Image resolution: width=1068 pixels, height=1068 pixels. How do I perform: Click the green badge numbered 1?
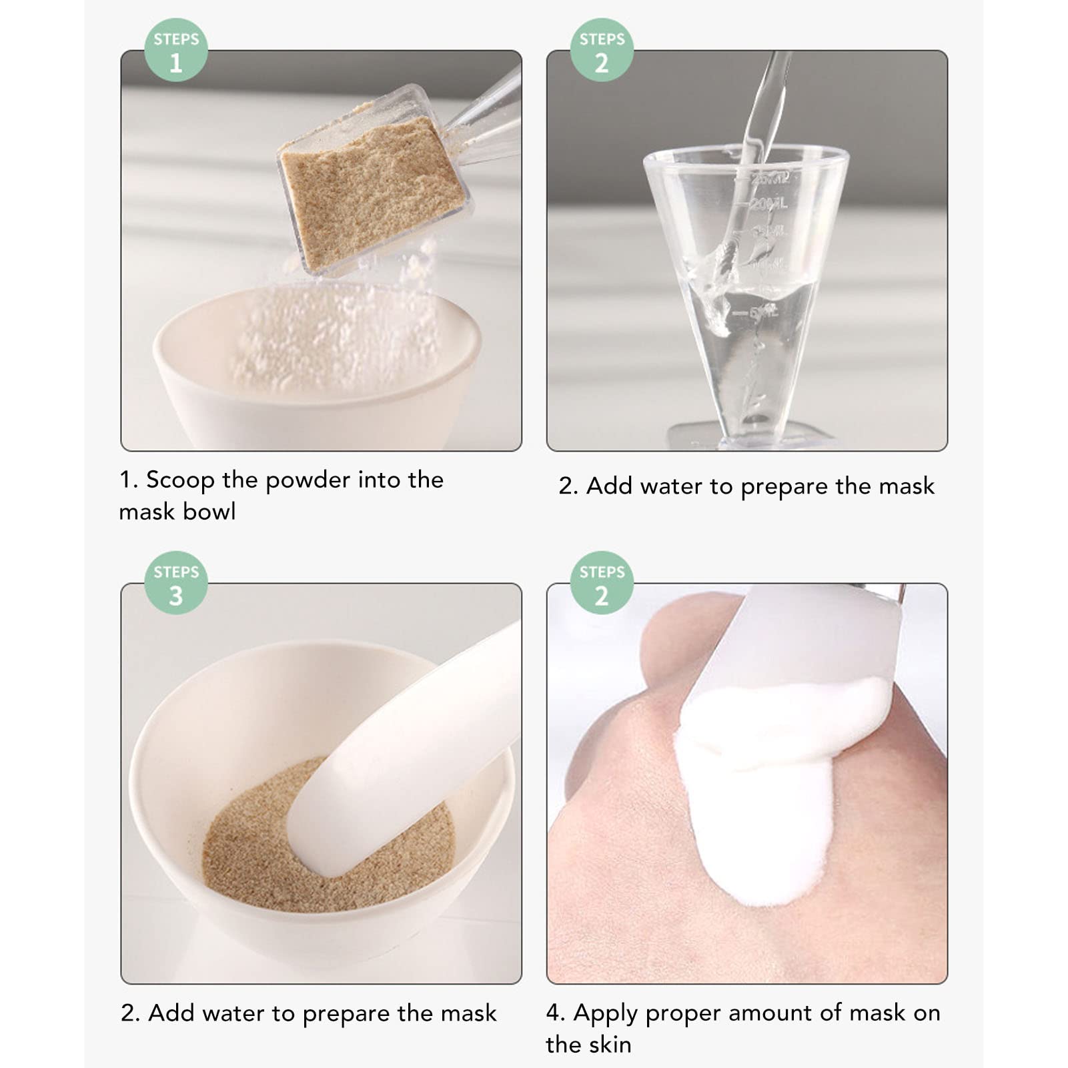coord(176,50)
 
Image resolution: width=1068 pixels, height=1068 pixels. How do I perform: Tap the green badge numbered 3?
coord(176,583)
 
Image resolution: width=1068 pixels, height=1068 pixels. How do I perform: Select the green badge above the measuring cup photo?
coord(602,50)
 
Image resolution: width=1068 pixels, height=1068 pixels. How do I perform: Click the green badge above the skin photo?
coord(602,583)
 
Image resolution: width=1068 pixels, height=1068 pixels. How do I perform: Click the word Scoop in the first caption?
coord(180,480)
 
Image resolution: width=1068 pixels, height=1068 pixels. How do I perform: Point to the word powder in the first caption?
coord(308,480)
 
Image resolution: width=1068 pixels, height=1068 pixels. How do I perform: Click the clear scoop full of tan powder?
coord(372,180)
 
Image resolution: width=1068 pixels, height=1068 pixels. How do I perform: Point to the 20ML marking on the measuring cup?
coord(768,203)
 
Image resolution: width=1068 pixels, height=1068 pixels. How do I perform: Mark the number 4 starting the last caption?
coord(554,1013)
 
